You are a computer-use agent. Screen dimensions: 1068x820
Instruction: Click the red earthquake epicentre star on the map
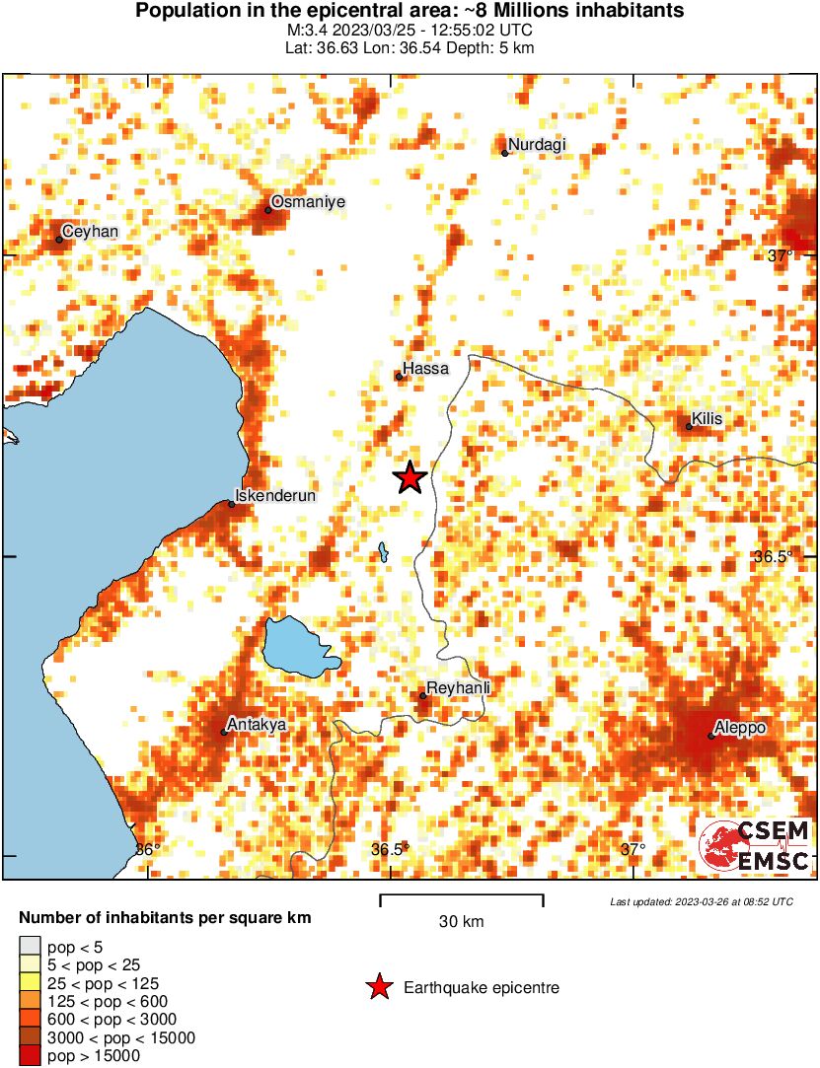click(x=410, y=478)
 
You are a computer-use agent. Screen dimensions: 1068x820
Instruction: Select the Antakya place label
click(x=257, y=725)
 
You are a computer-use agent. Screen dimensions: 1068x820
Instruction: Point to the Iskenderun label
click(x=275, y=496)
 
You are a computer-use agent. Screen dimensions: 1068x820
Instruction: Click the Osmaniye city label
click(x=308, y=201)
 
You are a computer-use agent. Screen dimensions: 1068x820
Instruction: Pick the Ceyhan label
click(x=91, y=232)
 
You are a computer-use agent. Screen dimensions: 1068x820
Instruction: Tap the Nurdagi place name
click(x=539, y=146)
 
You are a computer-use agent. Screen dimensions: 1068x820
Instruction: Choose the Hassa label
click(x=426, y=369)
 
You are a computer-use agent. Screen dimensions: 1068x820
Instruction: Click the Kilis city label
click(x=708, y=419)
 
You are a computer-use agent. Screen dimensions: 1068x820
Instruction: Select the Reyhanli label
click(x=459, y=688)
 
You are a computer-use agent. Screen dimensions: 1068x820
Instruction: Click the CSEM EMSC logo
click(x=755, y=846)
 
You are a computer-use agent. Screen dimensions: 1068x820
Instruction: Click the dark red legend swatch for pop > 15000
click(x=30, y=1056)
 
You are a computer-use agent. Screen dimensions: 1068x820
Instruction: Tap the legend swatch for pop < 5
click(x=30, y=946)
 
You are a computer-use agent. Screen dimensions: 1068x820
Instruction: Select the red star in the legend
click(x=378, y=987)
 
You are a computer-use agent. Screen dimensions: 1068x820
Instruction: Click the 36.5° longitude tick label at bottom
click(x=391, y=850)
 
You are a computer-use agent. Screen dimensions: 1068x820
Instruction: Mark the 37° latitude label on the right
click(x=781, y=256)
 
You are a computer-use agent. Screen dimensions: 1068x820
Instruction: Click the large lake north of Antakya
click(x=298, y=647)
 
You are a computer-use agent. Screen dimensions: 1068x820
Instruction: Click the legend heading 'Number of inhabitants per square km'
click(x=166, y=918)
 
